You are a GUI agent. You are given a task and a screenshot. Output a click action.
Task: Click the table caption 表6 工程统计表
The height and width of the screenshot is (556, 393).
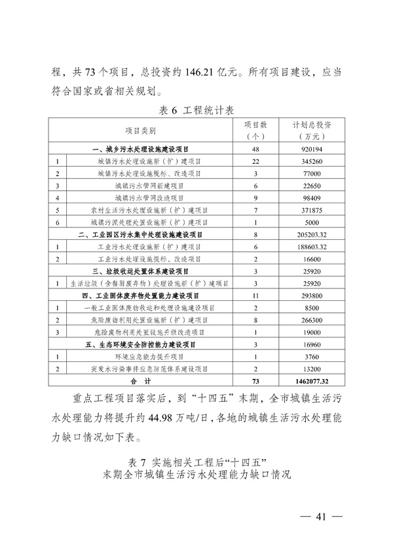[197, 109]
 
